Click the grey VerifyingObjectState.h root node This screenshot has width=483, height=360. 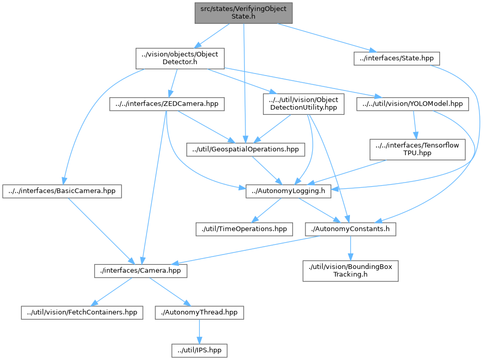point(243,13)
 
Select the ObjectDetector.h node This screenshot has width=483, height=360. point(180,58)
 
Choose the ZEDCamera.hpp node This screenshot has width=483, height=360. point(164,104)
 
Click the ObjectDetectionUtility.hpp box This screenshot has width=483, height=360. point(303,104)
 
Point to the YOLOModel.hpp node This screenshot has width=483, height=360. point(413,104)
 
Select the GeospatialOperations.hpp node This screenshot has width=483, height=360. point(246,149)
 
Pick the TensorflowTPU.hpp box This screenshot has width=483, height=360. point(417,149)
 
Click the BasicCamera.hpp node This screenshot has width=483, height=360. point(62,191)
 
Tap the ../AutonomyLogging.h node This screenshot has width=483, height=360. point(288,191)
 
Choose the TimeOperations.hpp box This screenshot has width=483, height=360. point(244,228)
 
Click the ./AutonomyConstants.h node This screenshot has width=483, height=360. point(350,228)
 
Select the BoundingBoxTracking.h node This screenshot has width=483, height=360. point(350,271)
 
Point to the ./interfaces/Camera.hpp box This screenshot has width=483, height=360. point(141,271)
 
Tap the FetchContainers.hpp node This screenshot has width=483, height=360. point(82,312)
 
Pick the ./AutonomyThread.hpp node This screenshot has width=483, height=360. point(199,312)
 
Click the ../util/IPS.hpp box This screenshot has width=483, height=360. point(199,350)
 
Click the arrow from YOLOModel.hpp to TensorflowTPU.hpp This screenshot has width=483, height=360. point(415,126)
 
